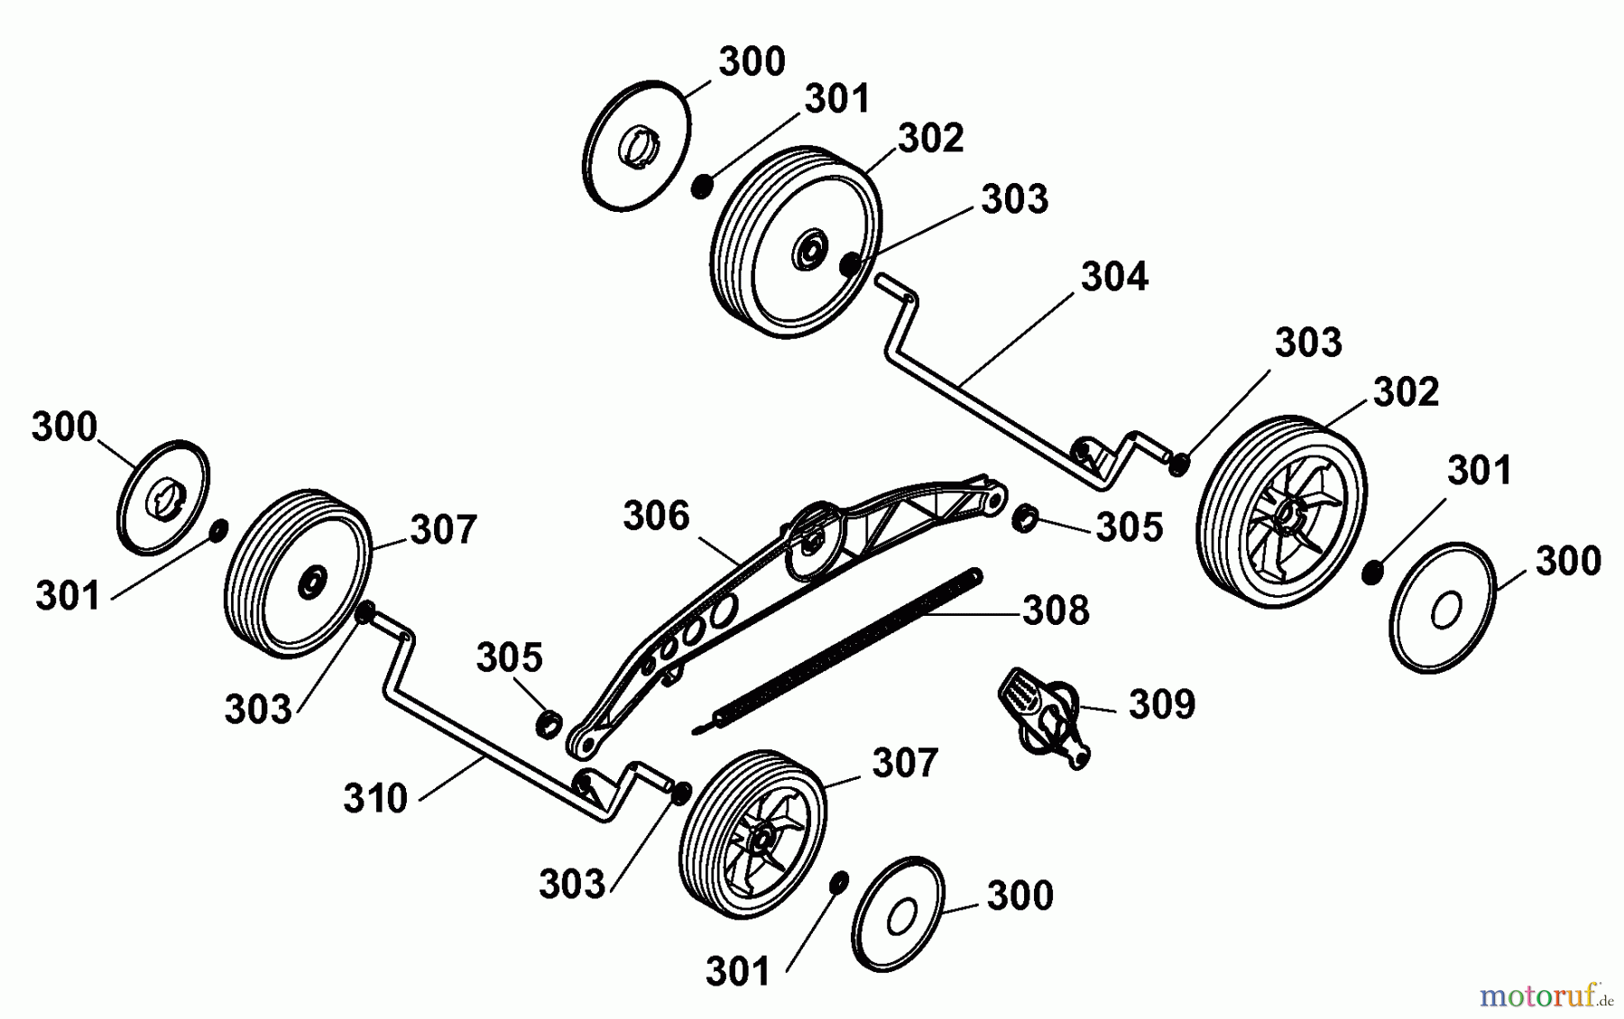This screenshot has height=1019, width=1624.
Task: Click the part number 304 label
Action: point(1114,277)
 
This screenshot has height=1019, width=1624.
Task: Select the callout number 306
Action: point(656,516)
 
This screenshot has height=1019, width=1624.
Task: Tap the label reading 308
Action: point(1056,610)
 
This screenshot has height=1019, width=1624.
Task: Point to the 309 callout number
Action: point(1162,704)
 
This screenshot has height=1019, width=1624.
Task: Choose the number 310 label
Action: point(375,799)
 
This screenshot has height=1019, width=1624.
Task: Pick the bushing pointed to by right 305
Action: point(1024,519)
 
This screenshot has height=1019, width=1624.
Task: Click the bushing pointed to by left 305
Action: point(549,723)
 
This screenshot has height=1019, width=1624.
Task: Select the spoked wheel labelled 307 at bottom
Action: point(752,833)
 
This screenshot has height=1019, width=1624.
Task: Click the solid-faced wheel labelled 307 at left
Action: point(298,575)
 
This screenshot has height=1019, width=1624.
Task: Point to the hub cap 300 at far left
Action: point(163,498)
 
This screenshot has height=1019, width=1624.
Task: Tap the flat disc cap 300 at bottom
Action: point(898,914)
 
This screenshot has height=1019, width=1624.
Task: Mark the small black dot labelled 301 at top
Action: point(702,187)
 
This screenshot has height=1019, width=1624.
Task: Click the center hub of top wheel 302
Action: point(810,249)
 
